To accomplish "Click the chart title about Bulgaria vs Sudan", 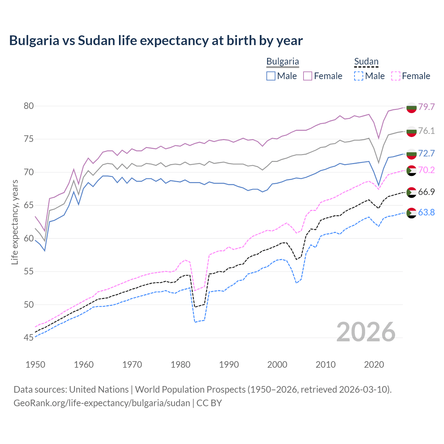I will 156,41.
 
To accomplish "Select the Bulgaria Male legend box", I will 271,76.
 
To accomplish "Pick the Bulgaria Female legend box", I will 308,76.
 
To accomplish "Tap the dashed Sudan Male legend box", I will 359,76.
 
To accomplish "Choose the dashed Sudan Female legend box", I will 396,76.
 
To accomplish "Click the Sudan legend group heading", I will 366,62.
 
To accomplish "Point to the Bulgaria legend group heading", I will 282,62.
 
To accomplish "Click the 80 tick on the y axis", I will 29,106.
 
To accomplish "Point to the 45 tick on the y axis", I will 29,338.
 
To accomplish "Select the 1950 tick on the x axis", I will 35,365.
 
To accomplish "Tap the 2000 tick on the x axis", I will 277,365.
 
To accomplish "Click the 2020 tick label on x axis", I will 374,365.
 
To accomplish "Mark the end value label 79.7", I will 426,107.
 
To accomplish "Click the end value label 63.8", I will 426,212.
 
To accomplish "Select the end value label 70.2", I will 426,170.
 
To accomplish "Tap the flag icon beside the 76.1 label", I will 411,131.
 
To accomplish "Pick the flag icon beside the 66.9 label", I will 411,192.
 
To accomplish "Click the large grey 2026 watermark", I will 366,332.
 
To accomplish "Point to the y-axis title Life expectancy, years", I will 15,222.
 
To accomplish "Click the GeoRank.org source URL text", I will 102,403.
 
